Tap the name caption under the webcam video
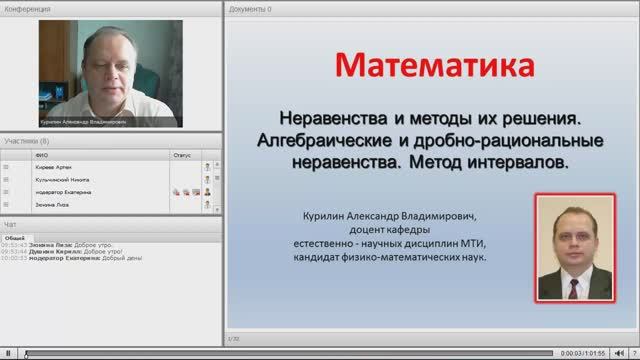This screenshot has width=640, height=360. [x=85, y=123]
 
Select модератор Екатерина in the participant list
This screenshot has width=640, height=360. [x=70, y=191]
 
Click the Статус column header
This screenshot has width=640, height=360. [x=181, y=156]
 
